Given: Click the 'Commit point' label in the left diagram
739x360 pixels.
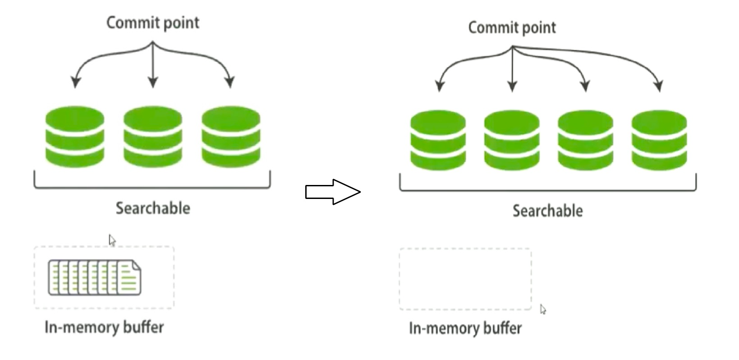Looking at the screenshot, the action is [153, 23].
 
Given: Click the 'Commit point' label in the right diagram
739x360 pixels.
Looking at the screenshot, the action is [512, 28].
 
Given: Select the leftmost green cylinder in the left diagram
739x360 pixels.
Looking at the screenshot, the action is [75, 137].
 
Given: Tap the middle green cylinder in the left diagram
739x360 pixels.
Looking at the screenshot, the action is [153, 137].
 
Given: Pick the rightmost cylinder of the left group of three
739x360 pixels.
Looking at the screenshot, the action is [231, 137].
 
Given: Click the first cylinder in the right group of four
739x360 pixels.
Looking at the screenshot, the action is [438, 140].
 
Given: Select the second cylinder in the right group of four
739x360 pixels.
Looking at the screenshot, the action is [512, 140].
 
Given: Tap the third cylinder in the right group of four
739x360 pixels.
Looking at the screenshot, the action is [586, 140].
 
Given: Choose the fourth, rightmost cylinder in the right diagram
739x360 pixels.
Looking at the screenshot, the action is [660, 140].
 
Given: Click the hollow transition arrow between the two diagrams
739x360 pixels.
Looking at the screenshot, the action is [333, 192].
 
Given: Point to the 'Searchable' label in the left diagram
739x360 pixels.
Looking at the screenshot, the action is [153, 208].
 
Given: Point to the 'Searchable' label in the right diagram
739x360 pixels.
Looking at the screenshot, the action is [548, 211].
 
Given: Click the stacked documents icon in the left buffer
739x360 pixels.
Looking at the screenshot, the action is [95, 277].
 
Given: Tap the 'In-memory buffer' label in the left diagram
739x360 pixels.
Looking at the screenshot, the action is [104, 328].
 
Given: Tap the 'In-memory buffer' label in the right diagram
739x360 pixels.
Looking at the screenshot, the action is [465, 328].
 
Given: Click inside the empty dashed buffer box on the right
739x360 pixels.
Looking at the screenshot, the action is [465, 279].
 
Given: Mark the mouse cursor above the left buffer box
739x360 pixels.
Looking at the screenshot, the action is [112, 240].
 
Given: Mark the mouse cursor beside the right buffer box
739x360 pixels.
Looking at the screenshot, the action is [543, 309].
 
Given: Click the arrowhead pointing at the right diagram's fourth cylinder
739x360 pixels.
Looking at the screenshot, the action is [659, 86].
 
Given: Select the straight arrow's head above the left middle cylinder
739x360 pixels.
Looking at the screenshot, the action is [153, 82].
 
